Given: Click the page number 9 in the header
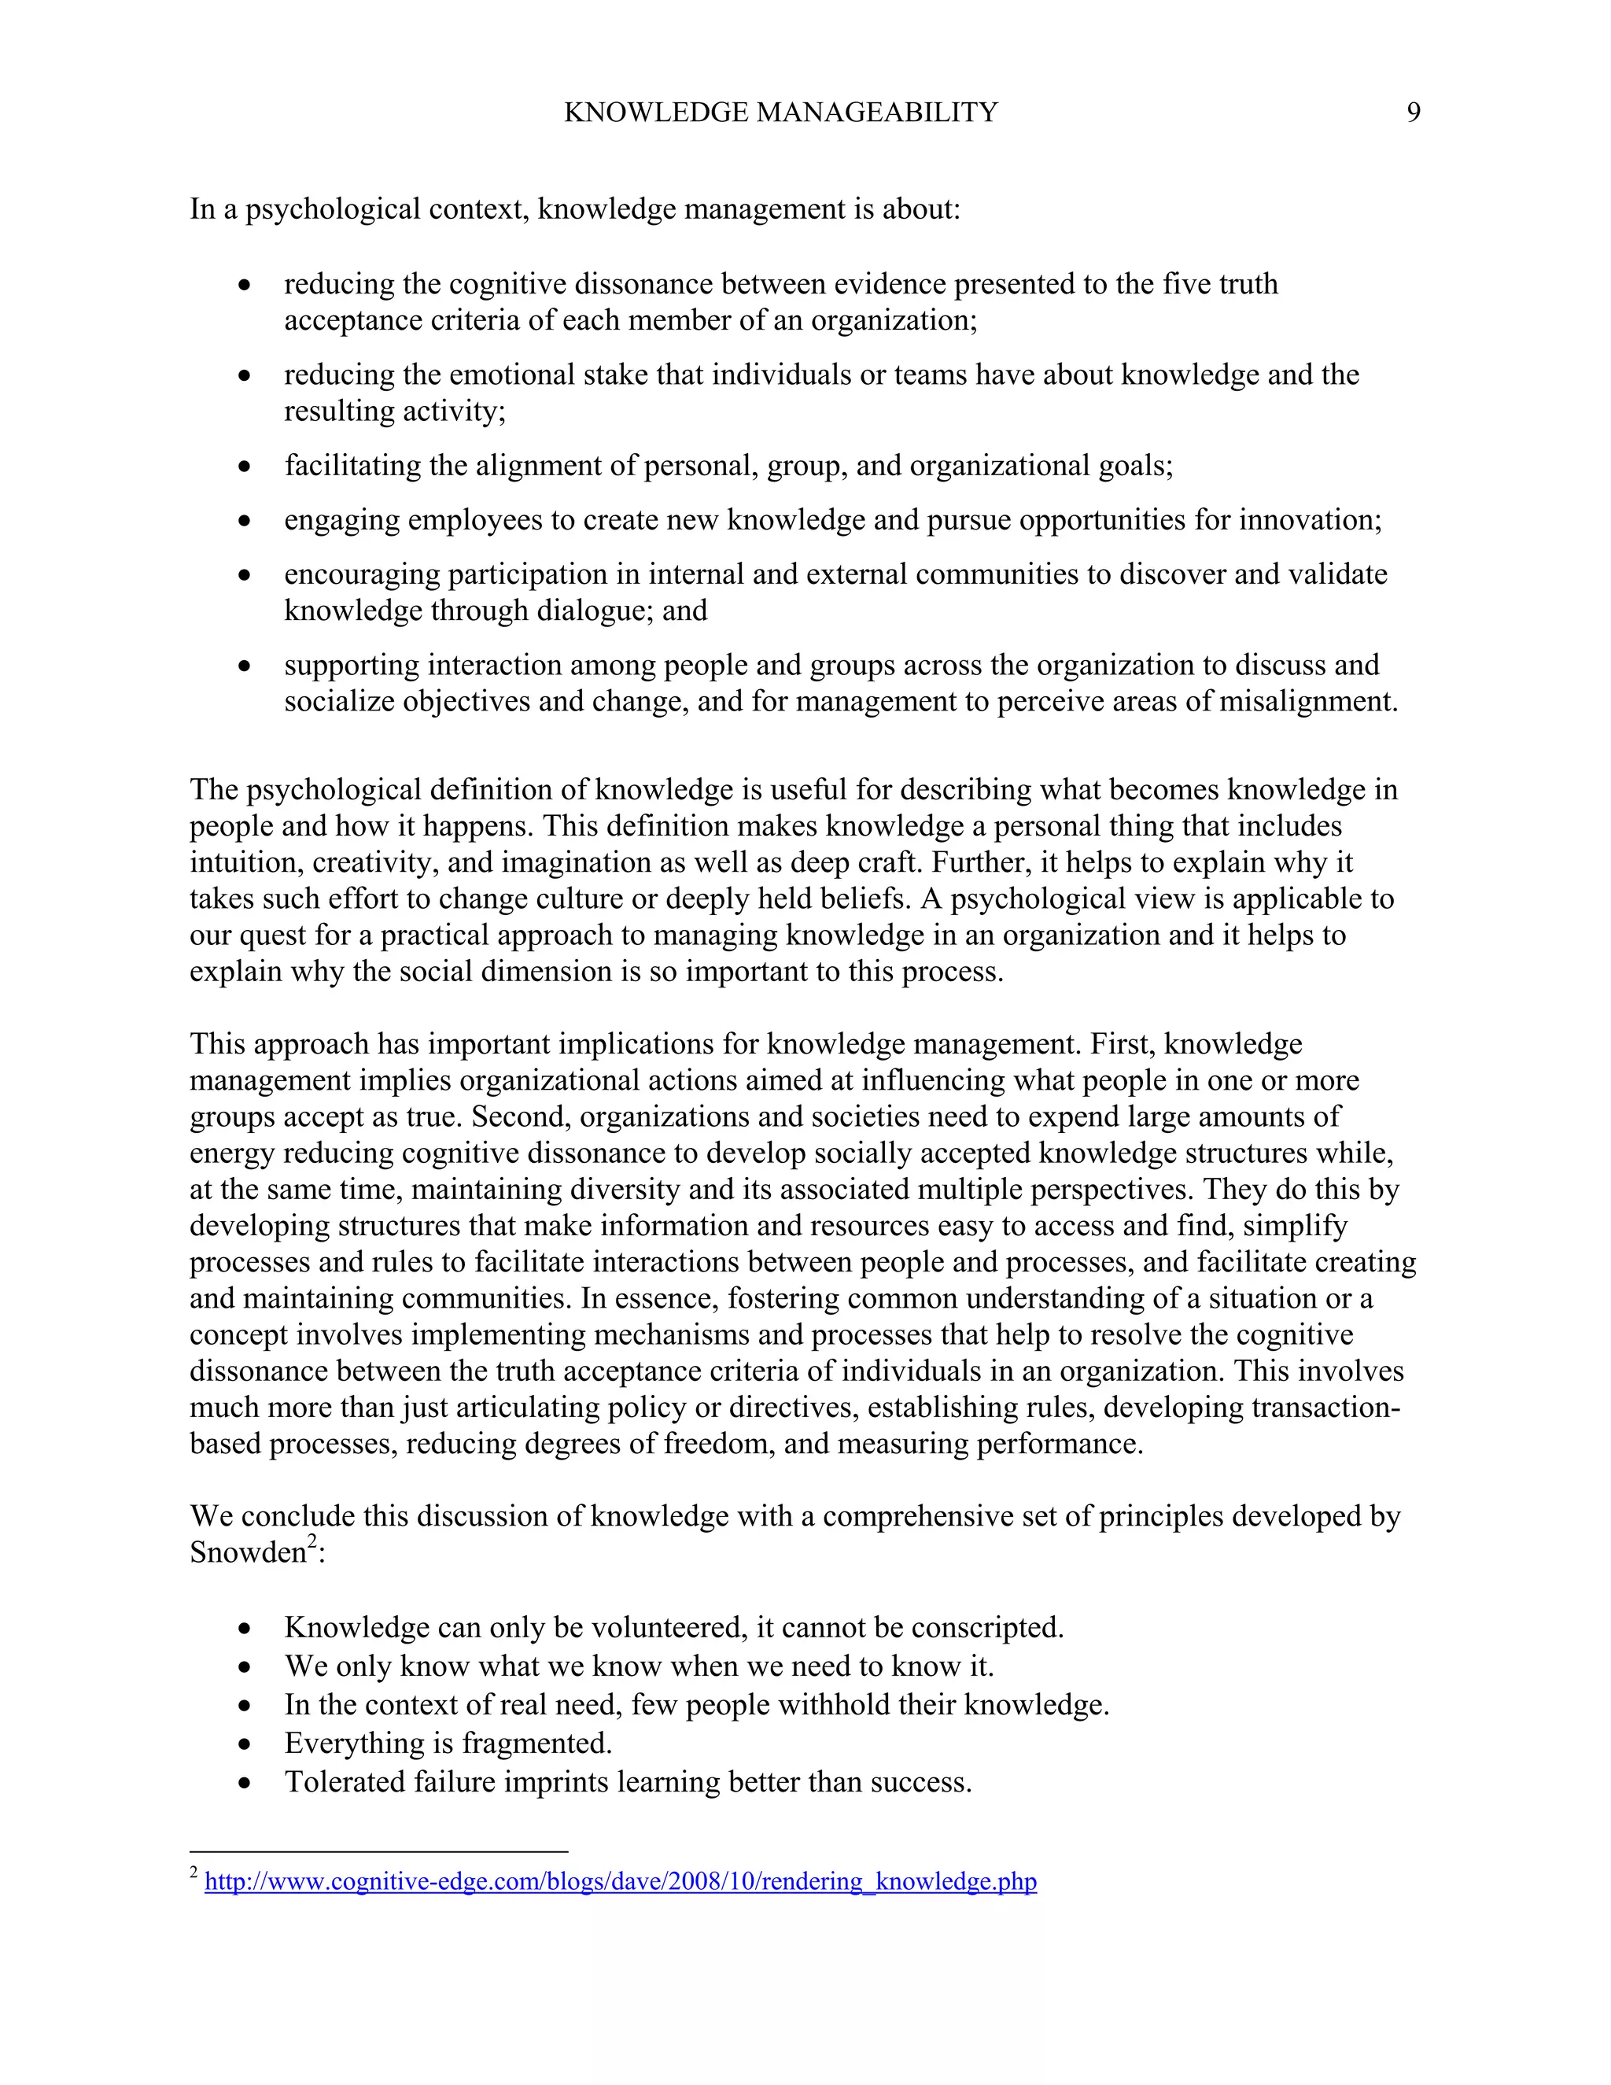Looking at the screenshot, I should click(x=1414, y=113).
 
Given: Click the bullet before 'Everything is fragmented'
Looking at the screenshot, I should click(x=245, y=1744).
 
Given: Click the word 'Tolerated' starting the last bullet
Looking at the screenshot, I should click(x=345, y=1782).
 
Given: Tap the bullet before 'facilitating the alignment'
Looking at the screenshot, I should click(x=245, y=467).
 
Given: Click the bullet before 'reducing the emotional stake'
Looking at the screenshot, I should click(x=245, y=376).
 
